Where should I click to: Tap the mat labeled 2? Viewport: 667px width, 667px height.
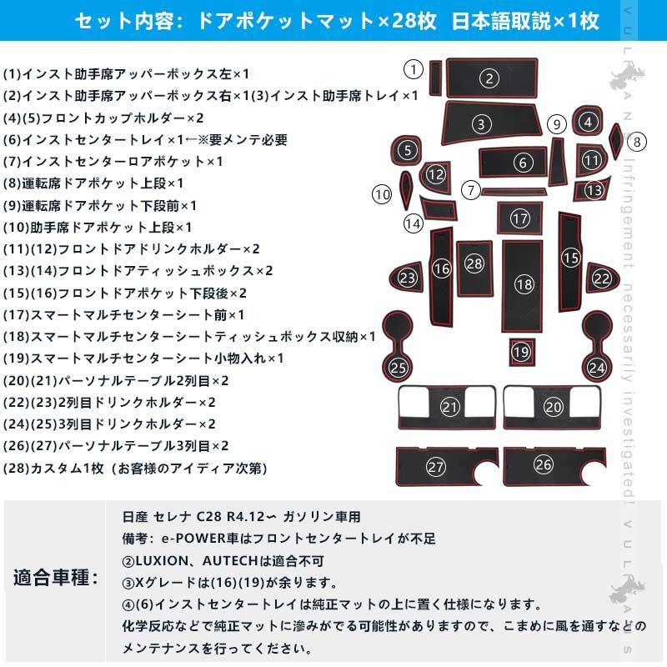[490, 79]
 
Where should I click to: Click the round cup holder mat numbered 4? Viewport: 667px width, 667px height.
[589, 123]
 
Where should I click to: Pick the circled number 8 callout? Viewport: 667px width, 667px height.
[637, 141]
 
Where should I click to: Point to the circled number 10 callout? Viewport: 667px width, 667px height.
[382, 195]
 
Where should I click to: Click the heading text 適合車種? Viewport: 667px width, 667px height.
[56, 576]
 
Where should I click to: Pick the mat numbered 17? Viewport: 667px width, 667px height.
[520, 218]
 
